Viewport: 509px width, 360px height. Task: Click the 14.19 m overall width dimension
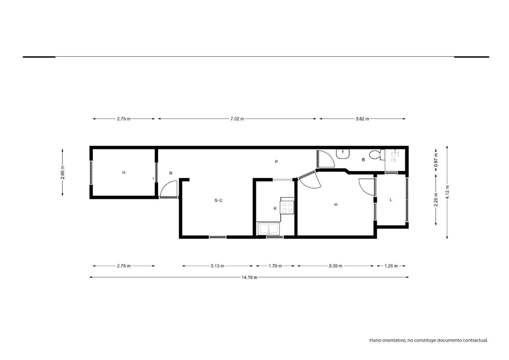(x=249, y=277)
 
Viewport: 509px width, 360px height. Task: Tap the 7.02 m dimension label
(x=237, y=119)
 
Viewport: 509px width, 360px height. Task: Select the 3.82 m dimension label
(x=362, y=119)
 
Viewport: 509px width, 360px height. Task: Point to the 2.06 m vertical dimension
(x=62, y=173)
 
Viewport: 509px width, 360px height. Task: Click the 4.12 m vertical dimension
(x=447, y=192)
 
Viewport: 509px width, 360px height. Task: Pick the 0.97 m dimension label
(x=436, y=159)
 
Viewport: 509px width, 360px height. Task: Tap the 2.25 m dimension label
(x=436, y=200)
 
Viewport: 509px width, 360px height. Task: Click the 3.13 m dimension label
(x=217, y=266)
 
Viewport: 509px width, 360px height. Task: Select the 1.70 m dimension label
(x=275, y=266)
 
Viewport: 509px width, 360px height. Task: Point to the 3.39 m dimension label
(x=335, y=266)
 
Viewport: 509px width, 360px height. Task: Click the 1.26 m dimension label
(x=391, y=266)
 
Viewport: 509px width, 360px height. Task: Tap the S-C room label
(x=218, y=200)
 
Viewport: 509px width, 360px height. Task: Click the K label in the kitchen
(x=275, y=208)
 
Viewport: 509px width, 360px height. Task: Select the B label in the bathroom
(x=363, y=160)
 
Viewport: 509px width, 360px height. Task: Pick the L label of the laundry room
(x=391, y=200)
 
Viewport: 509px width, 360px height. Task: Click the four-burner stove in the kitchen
(x=287, y=208)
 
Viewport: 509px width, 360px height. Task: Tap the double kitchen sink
(x=269, y=229)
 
